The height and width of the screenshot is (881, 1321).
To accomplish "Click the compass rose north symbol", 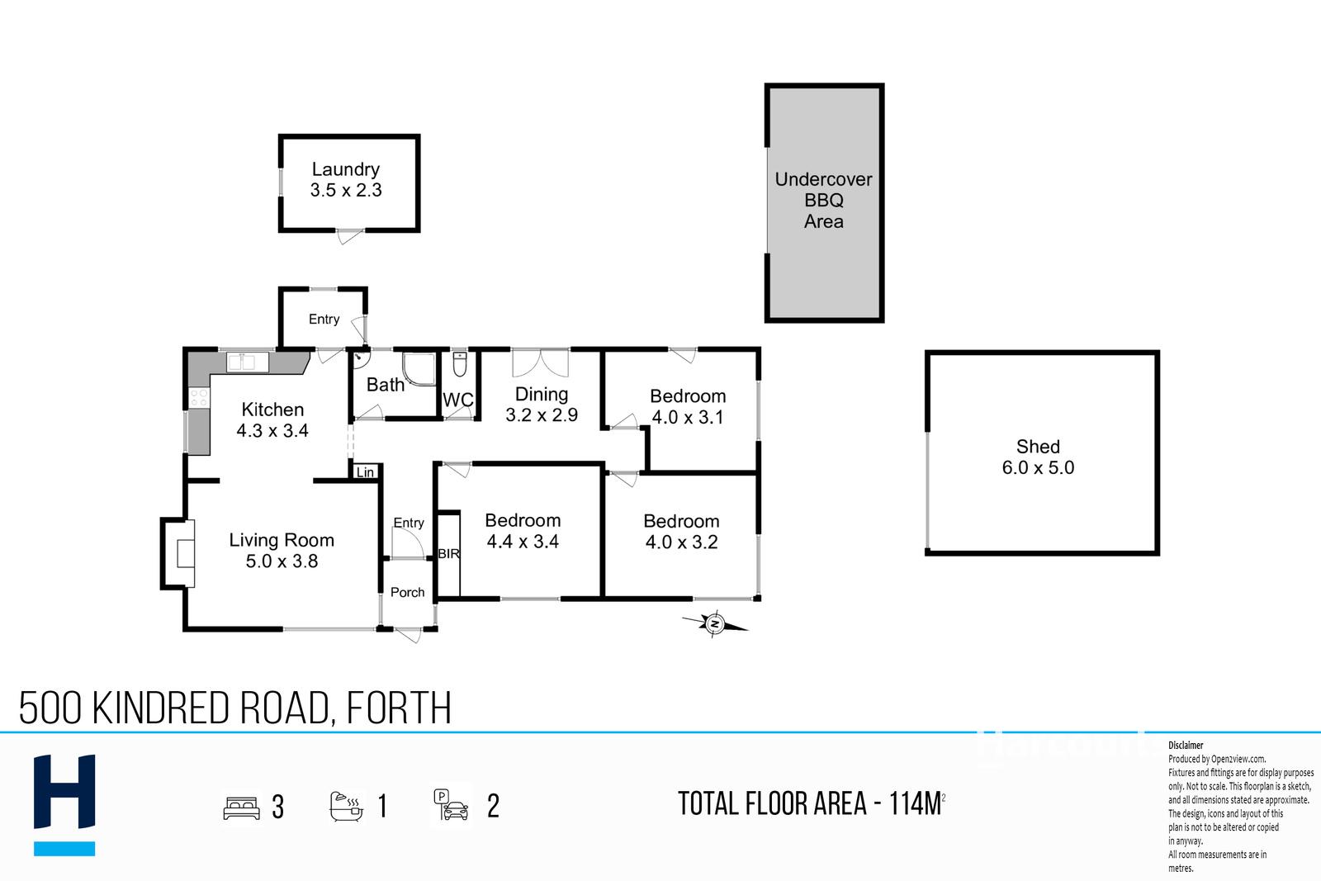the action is (x=715, y=624).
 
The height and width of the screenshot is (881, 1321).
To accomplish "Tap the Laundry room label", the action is (x=346, y=169).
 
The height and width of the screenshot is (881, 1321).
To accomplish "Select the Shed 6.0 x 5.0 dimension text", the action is (x=1038, y=467).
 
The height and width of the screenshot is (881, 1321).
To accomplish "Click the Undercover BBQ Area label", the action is (x=823, y=201).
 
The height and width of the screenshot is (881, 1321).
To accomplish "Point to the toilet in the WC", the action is (x=460, y=364).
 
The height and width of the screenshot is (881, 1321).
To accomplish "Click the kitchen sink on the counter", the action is (x=248, y=362).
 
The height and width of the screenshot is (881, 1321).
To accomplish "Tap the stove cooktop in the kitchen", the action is (x=199, y=397).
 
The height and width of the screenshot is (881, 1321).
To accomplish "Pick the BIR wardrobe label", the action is (x=449, y=554).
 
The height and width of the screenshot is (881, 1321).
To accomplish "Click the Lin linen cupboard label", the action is (x=365, y=472).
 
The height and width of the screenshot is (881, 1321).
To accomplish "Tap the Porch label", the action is (x=408, y=592).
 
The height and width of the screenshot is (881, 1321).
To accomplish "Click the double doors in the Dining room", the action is (x=540, y=362).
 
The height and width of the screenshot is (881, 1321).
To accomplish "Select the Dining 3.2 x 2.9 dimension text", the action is (x=542, y=414).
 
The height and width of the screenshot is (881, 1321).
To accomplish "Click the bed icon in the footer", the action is (x=241, y=808).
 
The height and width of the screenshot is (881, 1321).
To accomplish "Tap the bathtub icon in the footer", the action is (x=346, y=807).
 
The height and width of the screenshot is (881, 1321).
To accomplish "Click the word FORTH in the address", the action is (x=399, y=708).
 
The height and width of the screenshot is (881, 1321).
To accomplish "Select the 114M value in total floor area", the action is (x=915, y=803).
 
